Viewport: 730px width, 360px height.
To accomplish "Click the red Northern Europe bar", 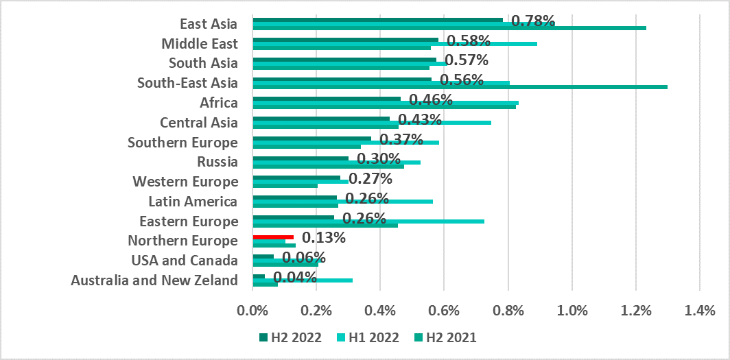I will point(273,237).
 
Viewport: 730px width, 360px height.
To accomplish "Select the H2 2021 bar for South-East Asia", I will point(460,87).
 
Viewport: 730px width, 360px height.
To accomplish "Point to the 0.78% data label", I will point(533,21).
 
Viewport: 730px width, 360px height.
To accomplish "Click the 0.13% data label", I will point(323,237).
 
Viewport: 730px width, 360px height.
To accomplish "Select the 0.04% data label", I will point(295,277).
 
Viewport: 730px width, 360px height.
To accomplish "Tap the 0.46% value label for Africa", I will point(430,100).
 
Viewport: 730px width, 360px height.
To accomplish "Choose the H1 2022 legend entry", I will point(369,337).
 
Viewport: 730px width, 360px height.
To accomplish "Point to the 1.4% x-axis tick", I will point(699,311).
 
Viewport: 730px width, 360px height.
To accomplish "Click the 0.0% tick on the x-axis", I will point(253,311).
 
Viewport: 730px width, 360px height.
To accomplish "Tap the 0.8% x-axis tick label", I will point(508,311).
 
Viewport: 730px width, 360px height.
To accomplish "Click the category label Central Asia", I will point(198,123).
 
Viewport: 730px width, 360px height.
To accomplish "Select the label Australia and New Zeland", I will point(154,280).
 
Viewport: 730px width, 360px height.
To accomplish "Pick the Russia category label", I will point(217,162).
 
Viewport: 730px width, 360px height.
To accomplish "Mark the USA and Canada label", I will point(185,261).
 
